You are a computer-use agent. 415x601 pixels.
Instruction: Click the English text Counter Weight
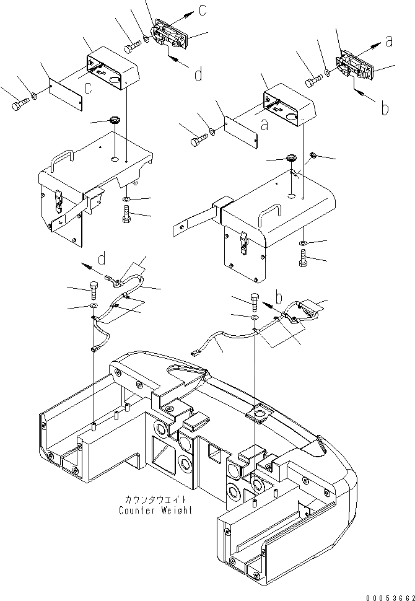coord(155,511)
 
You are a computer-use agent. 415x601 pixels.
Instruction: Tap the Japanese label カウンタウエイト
coord(155,499)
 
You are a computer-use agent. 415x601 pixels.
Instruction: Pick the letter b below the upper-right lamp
coord(384,108)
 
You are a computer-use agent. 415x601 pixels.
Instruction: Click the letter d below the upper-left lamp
coord(198,75)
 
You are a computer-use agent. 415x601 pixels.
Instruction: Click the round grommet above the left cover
coord(114,120)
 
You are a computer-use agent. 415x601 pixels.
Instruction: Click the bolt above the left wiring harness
coord(93,289)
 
